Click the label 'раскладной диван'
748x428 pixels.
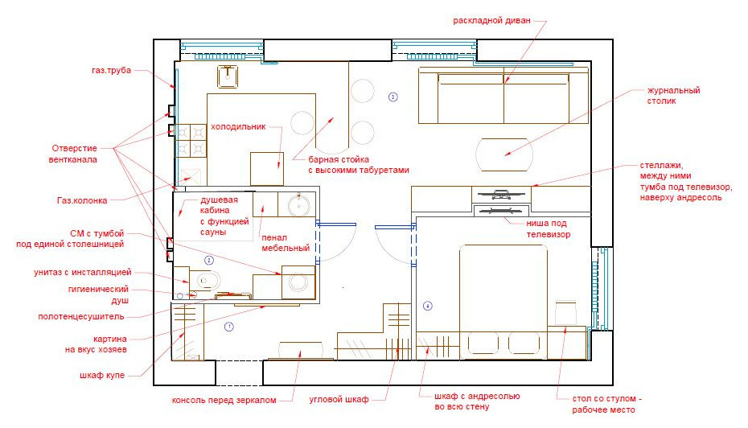coord(491,21)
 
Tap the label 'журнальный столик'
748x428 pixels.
coord(673,96)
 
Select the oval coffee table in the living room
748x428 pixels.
coord(504,154)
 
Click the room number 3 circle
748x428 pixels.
coord(392,97)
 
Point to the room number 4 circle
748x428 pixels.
coord(427,306)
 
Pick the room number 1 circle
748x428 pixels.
coord(229,327)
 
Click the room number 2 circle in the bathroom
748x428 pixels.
coord(208,261)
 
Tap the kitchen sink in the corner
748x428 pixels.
coord(228,76)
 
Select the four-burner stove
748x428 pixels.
coord(191,140)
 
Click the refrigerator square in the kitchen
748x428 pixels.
coord(267,168)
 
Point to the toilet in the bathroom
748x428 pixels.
coord(205,280)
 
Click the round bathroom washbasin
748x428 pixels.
coord(299,204)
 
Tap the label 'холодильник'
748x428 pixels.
coord(238,127)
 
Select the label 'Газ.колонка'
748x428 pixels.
coord(82,200)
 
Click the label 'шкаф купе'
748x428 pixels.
coord(102,375)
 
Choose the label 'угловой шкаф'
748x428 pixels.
coord(339,399)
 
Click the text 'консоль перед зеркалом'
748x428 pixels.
coord(224,401)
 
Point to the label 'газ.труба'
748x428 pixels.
coord(111,70)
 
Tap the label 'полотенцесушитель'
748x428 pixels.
coord(81,316)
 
